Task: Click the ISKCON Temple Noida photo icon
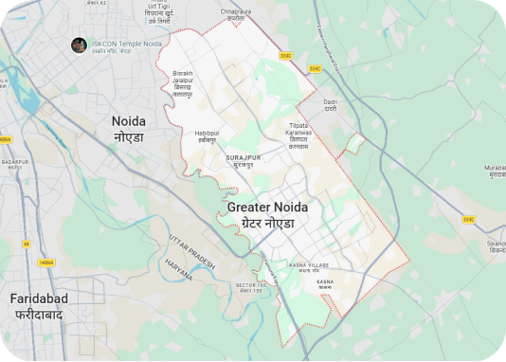coord(80,45)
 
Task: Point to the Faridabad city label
coord(36,305)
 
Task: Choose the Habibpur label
coord(207,136)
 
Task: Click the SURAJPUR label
coord(243,161)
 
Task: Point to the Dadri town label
coord(331,104)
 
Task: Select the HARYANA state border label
coord(179,269)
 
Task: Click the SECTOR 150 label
coord(250,287)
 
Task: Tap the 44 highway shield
coord(27,244)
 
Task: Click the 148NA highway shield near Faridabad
coord(45,262)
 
